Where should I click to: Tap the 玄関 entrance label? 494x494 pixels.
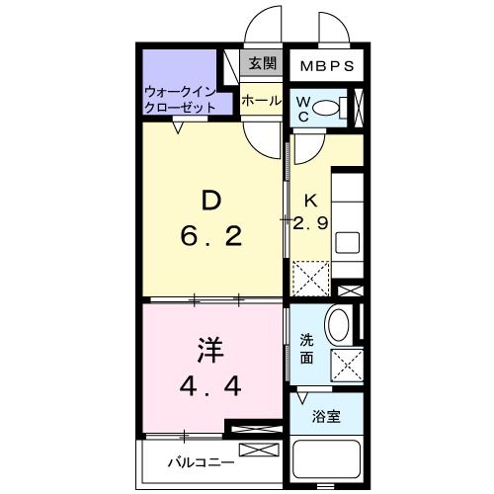click(262, 64)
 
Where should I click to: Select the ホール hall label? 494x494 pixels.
click(262, 100)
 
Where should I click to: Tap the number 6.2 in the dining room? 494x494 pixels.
click(211, 237)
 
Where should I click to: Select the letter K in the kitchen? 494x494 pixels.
click(309, 199)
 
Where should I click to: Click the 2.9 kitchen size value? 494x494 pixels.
click(310, 223)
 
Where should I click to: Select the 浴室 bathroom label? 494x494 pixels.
click(327, 416)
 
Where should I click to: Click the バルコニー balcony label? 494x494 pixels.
click(201, 460)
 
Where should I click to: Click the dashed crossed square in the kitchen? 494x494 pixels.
click(309, 278)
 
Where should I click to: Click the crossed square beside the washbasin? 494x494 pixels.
click(346, 365)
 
